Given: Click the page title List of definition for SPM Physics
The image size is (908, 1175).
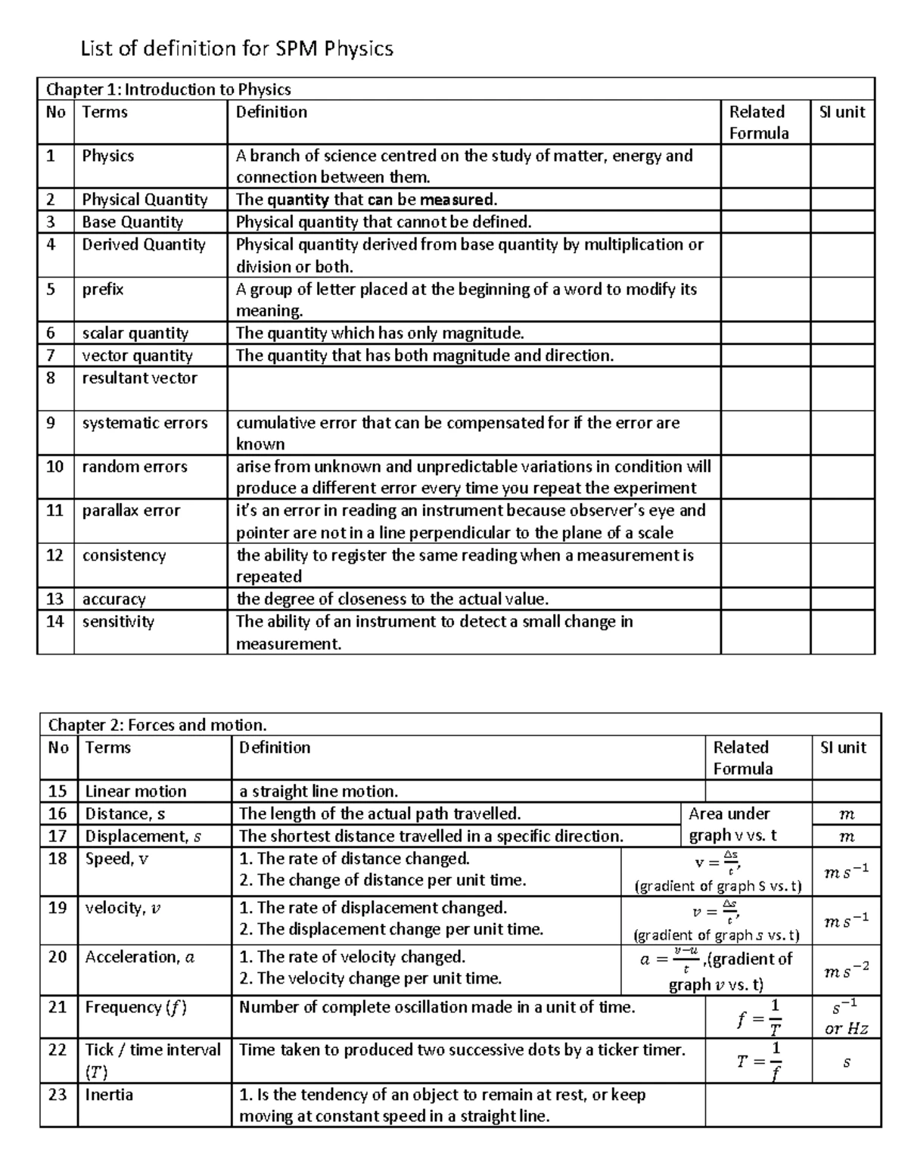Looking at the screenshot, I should coord(237,49).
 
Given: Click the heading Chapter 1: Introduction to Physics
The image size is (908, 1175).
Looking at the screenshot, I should coord(168,89).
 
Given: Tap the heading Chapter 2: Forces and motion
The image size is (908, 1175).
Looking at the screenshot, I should coord(157,725).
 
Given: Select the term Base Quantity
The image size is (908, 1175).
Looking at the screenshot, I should coord(132,222).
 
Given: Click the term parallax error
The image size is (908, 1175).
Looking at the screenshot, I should coord(131,511).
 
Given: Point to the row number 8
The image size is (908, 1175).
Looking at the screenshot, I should coord(51,378).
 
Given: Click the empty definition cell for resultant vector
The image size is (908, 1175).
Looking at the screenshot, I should coord(473,389).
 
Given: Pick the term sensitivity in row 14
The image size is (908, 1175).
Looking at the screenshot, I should coord(118,622).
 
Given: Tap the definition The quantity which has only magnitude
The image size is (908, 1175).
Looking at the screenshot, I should coord(380,334).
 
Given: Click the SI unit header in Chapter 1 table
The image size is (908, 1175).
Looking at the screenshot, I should coord(841,112).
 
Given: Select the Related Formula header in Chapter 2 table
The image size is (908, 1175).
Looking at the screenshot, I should coord(742,757).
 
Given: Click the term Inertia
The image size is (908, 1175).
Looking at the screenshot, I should coord(109,1095).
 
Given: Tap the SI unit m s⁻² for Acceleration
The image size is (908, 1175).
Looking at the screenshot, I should coord(846,970).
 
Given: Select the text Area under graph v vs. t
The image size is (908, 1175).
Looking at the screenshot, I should coord(731,825).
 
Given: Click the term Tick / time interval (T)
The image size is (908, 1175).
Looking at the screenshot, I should coord(152,1060).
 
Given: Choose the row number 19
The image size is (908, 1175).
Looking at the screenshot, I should coord(58,908).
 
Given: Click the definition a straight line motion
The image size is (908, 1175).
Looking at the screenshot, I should coord(319,791).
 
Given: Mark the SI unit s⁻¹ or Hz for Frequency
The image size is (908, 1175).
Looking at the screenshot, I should coord(846,1017).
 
